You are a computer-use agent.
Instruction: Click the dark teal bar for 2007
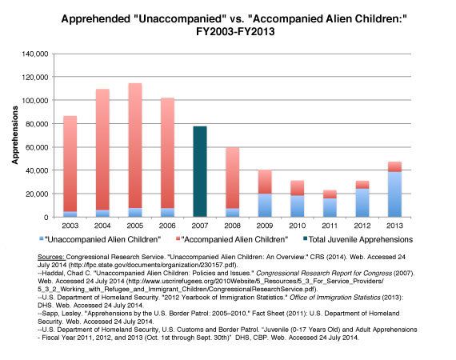(200, 171)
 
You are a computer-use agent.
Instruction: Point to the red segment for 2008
(232, 178)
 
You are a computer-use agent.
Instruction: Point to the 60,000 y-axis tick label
(37, 147)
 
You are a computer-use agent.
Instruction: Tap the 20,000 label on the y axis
(37, 194)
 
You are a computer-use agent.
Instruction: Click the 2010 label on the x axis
(297, 226)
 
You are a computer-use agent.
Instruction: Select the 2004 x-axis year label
(102, 226)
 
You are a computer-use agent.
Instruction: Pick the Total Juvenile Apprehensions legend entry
(362, 238)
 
